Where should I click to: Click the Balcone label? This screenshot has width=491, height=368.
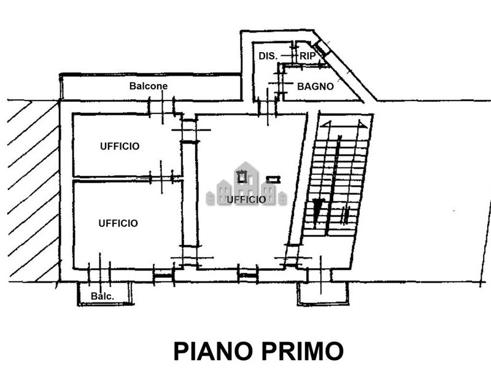click(149, 86)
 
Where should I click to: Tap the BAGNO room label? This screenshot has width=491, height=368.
click(315, 86)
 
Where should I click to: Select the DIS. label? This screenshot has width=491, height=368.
click(268, 56)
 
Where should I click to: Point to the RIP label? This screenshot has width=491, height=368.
click(307, 56)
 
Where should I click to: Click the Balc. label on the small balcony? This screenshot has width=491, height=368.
click(102, 296)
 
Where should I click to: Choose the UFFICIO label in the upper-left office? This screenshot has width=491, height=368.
click(120, 146)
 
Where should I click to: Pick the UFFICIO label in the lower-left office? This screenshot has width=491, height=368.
click(118, 223)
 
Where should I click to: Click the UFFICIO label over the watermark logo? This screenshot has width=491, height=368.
click(246, 199)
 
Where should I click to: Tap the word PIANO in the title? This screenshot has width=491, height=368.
click(213, 351)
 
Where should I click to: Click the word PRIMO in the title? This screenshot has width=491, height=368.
click(303, 351)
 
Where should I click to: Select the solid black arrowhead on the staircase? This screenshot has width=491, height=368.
click(317, 210)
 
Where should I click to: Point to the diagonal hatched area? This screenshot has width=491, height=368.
click(33, 191)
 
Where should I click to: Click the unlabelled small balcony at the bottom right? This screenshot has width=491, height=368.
click(323, 293)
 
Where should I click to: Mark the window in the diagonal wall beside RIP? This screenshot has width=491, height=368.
click(322, 48)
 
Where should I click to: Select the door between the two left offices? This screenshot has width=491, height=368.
click(161, 178)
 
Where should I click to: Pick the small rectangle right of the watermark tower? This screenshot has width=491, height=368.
click(273, 179)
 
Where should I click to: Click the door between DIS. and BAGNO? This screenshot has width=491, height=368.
click(281, 83)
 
